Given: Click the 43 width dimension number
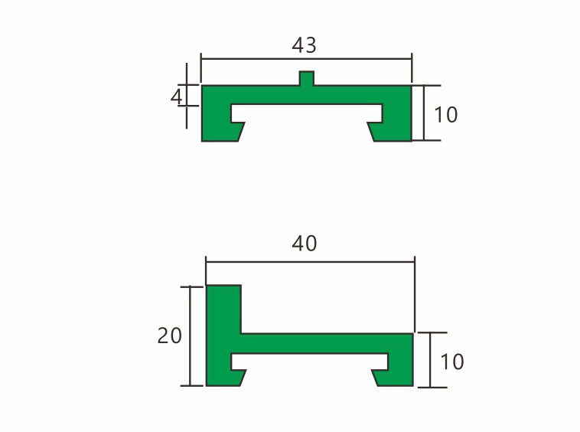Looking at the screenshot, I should coord(304,45).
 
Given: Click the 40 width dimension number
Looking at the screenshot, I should coord(304,244).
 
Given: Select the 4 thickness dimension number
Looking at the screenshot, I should coord(177,96).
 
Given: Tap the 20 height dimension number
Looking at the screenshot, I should coord(169,335).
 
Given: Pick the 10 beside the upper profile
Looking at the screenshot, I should coord(445,115).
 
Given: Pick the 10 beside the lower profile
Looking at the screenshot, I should coord(452,361).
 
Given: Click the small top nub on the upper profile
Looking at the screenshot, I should coord(306,79).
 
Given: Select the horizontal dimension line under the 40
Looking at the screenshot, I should coord(310,261).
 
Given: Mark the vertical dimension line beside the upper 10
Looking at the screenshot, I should coord(422,113).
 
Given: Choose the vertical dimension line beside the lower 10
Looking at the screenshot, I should coord(431,359).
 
